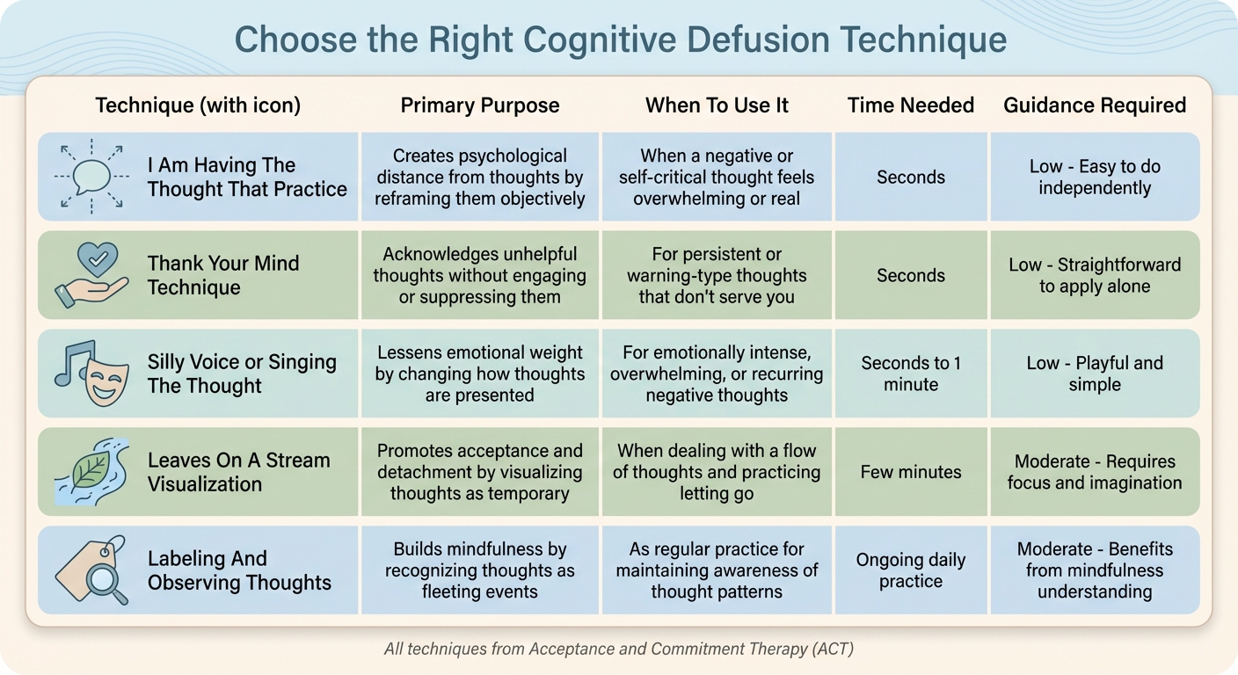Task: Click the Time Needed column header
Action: point(910,105)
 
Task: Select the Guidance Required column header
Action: point(1095,105)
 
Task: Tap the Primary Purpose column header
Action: point(479,105)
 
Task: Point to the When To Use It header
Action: point(717,105)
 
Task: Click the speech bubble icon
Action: point(91,177)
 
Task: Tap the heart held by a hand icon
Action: point(91,274)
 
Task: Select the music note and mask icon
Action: point(91,373)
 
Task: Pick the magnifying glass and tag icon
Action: point(91,570)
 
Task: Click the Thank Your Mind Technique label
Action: point(223,275)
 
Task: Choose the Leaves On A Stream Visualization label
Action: point(238,472)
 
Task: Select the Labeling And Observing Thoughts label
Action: point(239,570)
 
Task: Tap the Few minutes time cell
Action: point(910,472)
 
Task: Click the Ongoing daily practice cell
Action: point(910,570)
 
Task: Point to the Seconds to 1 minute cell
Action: point(910,374)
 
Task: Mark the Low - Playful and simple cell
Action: point(1095,374)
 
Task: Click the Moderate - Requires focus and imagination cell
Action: point(1095,472)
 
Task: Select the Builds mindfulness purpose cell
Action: point(479,570)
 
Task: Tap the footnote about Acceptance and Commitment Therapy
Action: point(618,650)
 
